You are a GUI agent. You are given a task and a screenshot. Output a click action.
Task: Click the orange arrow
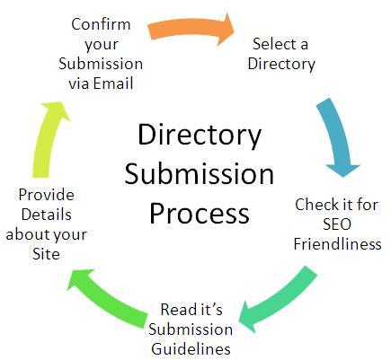190,31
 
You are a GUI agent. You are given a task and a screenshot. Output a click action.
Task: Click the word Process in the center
199,214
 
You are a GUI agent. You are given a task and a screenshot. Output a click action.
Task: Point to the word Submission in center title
199,175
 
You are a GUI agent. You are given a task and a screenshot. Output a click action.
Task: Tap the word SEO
339,224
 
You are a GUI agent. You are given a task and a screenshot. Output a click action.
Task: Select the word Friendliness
337,244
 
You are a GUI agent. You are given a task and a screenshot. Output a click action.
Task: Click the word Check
316,204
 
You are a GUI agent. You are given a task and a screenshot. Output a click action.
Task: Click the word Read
179,309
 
